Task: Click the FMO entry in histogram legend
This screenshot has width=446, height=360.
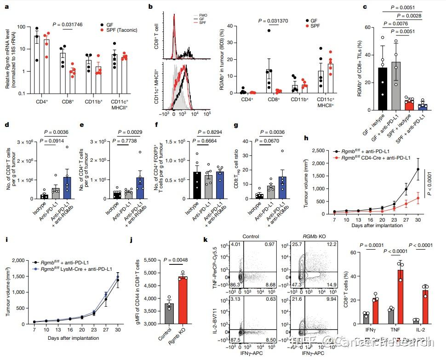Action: [x=203, y=15]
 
